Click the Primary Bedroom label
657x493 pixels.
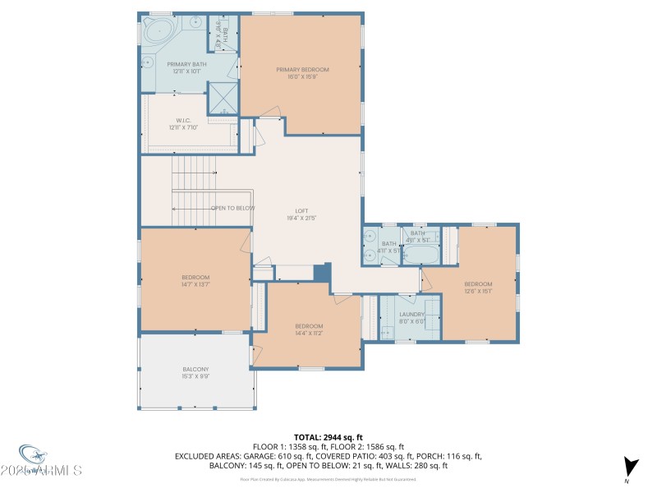pyautogui.click(x=302, y=70)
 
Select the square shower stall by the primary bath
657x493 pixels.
pyautogui.click(x=223, y=98)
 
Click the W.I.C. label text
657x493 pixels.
pyautogui.click(x=182, y=120)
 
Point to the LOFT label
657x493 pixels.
pyautogui.click(x=302, y=210)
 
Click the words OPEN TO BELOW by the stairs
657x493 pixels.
pyautogui.click(x=233, y=208)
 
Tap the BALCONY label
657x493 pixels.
pyautogui.click(x=195, y=370)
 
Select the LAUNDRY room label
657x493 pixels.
pyautogui.click(x=411, y=314)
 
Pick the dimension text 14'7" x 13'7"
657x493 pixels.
pyautogui.click(x=195, y=284)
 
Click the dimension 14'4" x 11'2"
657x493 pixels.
pyautogui.click(x=309, y=333)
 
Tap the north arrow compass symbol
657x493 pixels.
pyautogui.click(x=629, y=466)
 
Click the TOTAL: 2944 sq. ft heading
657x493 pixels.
pyautogui.click(x=328, y=437)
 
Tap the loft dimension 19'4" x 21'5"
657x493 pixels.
pyautogui.click(x=302, y=218)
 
